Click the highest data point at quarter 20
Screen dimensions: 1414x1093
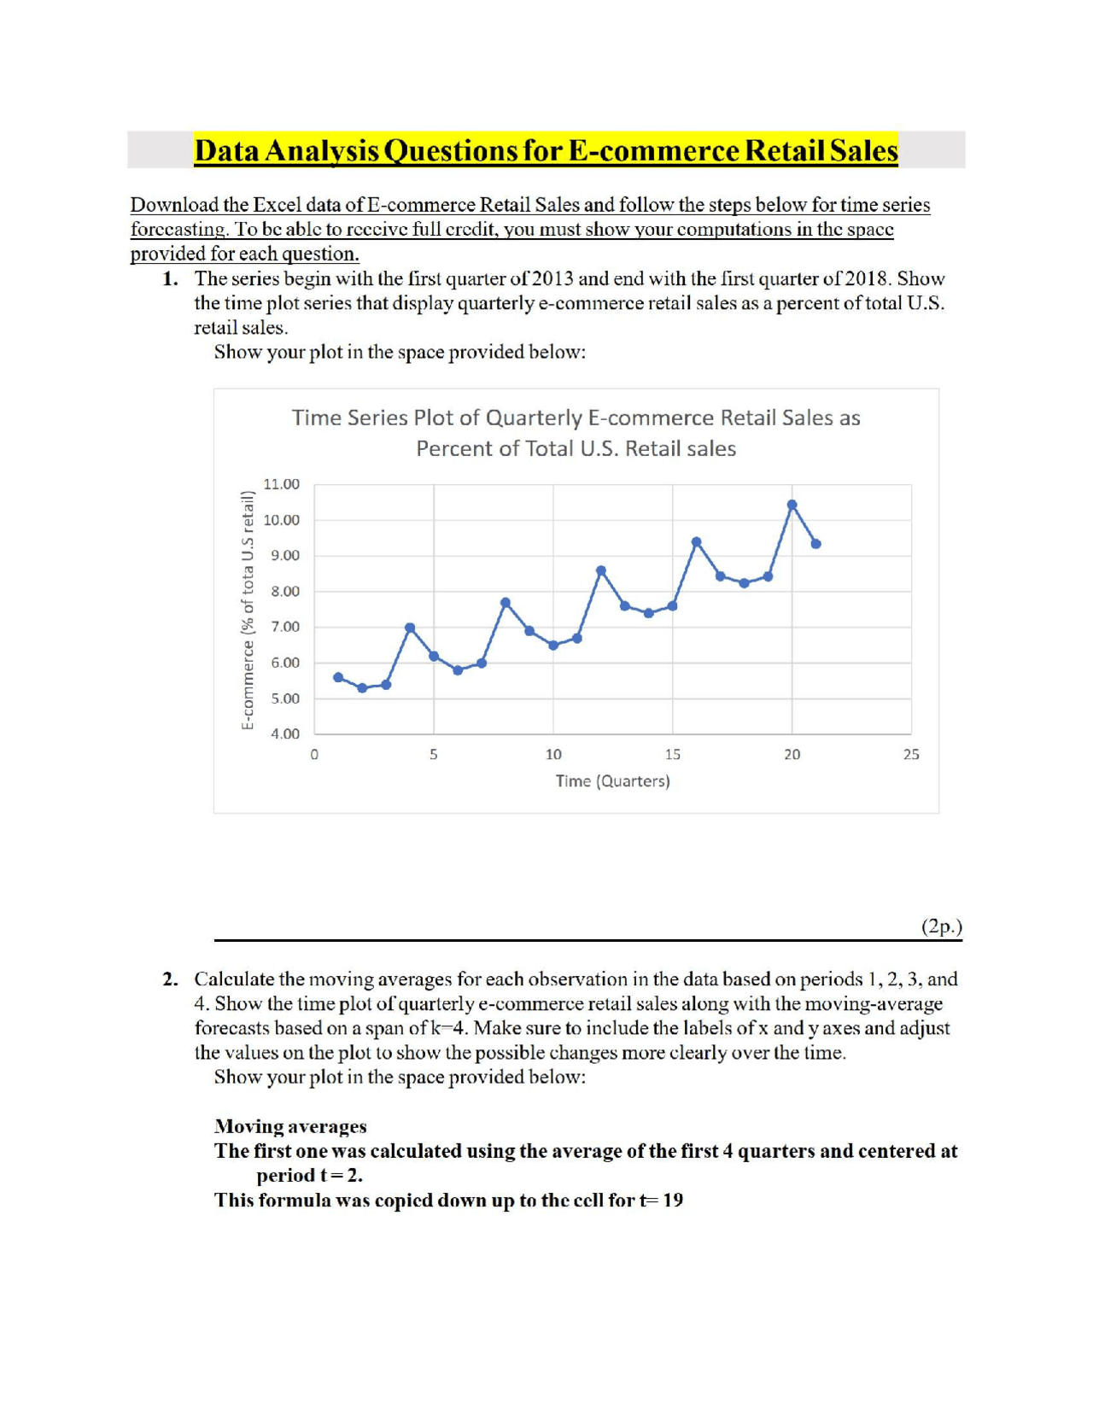coord(792,505)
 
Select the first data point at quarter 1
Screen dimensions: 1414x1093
coord(338,677)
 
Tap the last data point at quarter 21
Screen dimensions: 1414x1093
coord(815,544)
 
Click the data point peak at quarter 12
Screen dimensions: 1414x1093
coord(601,570)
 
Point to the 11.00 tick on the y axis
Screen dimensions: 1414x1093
coord(281,484)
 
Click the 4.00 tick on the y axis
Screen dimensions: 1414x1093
coord(284,733)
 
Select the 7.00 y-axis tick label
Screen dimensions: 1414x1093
coord(284,627)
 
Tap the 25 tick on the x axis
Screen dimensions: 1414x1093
coord(911,755)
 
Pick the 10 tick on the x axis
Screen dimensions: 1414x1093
coord(553,755)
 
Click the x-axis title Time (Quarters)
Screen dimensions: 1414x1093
coord(612,781)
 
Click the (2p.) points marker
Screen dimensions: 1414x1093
coord(941,926)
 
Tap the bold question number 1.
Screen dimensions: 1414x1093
coord(171,279)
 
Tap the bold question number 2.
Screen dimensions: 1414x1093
coord(171,979)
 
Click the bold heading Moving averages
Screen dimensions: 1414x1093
coord(290,1126)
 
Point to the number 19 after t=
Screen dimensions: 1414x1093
coord(673,1201)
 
